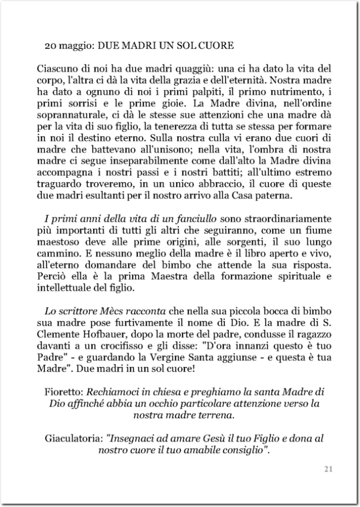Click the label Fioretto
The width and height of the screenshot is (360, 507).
62,391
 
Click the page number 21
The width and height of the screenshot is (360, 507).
328,469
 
